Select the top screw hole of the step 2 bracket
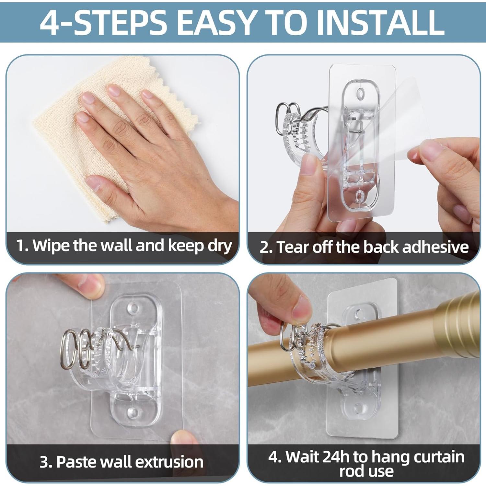[360, 94]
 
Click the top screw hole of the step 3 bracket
[133, 308]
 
